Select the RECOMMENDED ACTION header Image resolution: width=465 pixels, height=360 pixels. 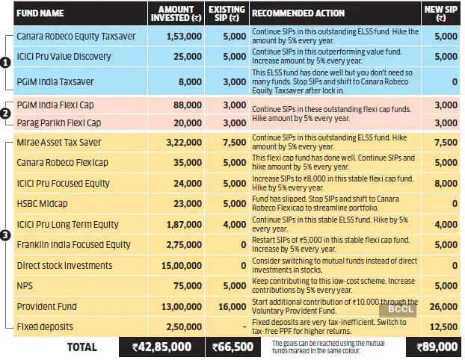[298, 13]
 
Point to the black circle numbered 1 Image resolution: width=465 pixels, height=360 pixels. [6, 65]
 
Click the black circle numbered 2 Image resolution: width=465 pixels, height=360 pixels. [6, 114]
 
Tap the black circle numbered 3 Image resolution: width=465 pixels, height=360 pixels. [6, 235]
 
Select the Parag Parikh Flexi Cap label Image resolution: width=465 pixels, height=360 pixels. [58, 122]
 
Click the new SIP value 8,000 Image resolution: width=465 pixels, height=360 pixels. [445, 183]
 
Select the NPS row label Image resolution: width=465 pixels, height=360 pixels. [25, 285]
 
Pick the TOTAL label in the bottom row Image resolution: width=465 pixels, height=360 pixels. [81, 347]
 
